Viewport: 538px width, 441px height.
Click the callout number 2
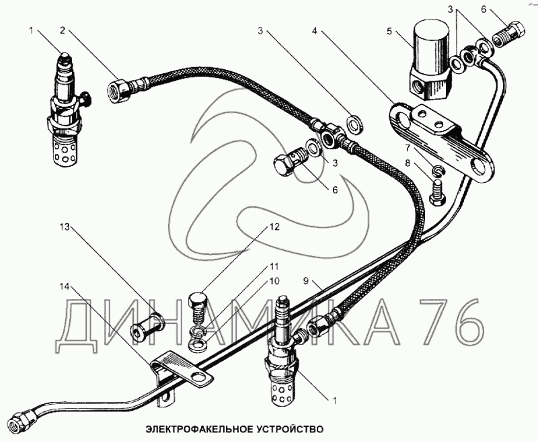pyautogui.click(x=62, y=30)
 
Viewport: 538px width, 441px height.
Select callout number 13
pyautogui.click(x=65, y=227)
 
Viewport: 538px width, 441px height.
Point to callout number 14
pyautogui.click(x=65, y=287)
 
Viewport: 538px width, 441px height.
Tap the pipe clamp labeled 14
pyautogui.click(x=176, y=376)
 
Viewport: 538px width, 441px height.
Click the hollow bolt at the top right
pyautogui.click(x=512, y=32)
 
